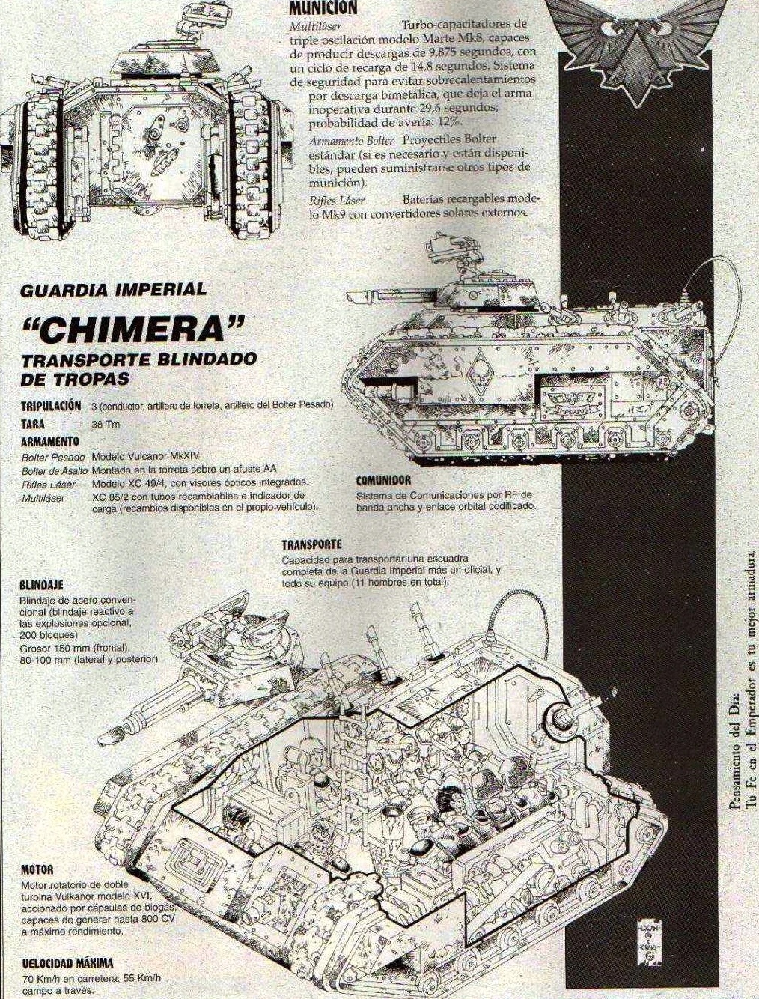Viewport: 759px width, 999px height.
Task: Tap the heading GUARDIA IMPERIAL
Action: click(113, 290)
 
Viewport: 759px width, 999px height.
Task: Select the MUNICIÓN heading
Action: click(323, 7)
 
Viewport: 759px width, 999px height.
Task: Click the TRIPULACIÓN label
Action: click(51, 406)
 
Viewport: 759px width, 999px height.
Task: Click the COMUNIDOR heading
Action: click(383, 480)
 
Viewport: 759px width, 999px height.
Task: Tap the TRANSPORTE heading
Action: click(311, 544)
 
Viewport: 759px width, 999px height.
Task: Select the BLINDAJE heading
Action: click(41, 584)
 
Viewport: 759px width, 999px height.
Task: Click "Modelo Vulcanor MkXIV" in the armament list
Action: click(145, 457)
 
